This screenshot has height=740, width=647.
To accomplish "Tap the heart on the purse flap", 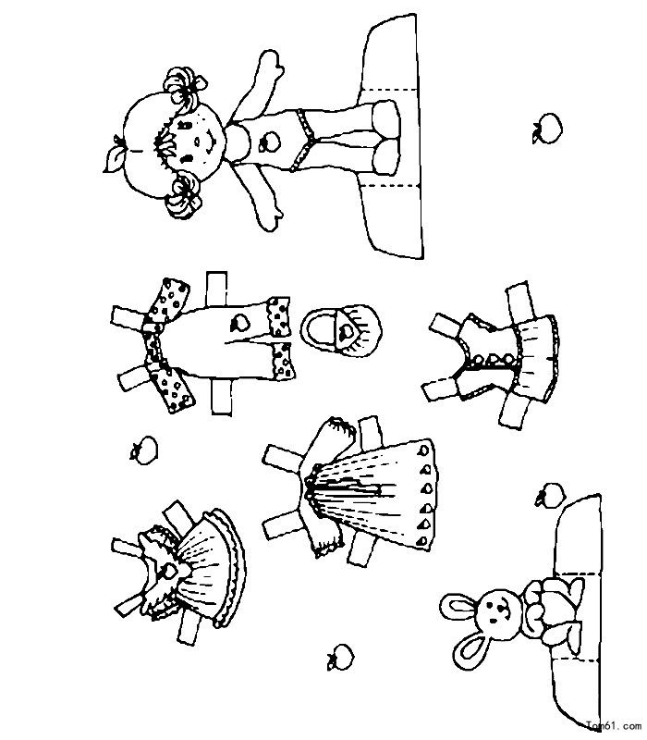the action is (x=348, y=332).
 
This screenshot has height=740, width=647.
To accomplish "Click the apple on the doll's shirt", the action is (x=270, y=142).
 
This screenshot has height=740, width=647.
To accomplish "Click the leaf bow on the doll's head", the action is (x=114, y=154).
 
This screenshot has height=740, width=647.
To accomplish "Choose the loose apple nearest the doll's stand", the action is (x=547, y=128).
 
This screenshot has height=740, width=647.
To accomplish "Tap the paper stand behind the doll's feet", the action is (x=392, y=137).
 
